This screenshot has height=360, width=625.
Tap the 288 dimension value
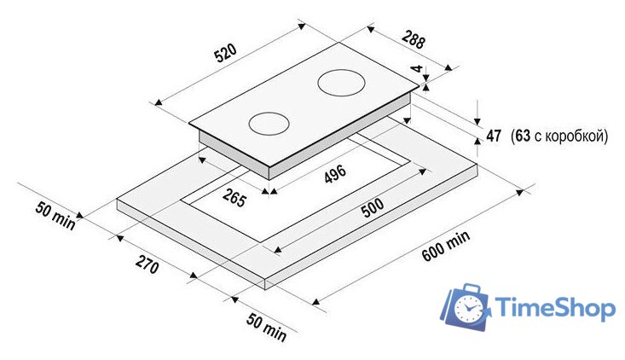414,40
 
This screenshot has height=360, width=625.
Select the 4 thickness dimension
417,68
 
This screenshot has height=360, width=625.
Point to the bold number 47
494,136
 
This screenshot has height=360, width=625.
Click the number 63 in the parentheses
523,136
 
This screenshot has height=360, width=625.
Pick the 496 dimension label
335,174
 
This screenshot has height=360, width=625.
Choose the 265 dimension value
234,198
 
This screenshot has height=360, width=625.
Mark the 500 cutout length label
373,207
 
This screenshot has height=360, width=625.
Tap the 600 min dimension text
446,246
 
